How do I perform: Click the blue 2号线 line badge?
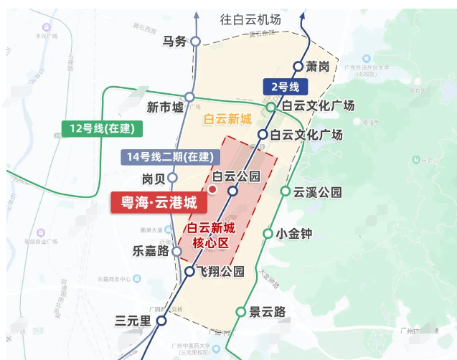pos(286,87)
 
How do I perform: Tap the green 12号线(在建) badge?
pos(102,129)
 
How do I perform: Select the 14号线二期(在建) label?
pos(169,156)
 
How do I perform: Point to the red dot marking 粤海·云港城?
pos(212,189)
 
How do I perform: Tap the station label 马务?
pos(174,42)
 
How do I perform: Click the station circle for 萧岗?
pos(298,67)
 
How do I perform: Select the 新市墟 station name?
pos(165,108)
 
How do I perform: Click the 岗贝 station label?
pos(154,178)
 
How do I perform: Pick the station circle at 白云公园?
pos(232,191)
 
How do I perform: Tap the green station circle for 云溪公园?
pos(285,191)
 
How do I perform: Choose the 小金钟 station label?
pos(293,233)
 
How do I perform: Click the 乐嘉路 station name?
pos(150,252)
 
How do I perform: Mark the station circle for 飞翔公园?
pos(189,272)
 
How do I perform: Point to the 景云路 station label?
pos(267,312)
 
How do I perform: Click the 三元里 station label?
pos(133,321)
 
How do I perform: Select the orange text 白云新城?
pos(227,120)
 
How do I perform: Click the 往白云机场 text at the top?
pos(250,20)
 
